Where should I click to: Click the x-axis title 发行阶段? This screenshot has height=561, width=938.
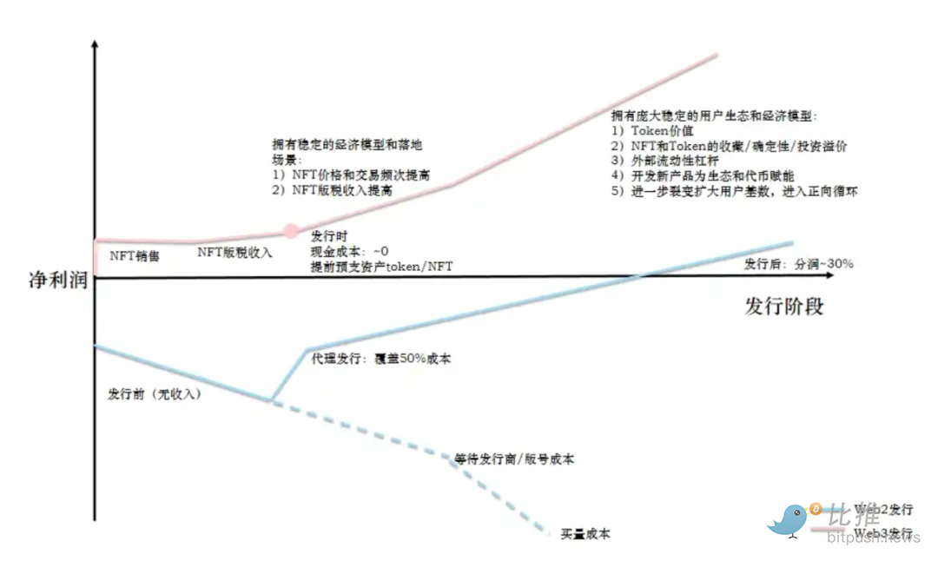point(784,306)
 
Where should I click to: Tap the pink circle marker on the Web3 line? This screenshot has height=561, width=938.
point(292,231)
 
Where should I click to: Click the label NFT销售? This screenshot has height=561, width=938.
point(135,255)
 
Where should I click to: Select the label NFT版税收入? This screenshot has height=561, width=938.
point(234,252)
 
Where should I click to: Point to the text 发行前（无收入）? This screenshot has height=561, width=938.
point(155,393)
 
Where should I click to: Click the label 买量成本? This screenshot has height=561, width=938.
point(585,533)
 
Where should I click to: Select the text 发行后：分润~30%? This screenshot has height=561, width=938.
point(798,263)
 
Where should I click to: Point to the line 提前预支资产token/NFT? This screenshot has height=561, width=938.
point(381,267)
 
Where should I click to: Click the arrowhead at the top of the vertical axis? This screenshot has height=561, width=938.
point(94,43)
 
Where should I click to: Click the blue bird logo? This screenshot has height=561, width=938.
point(789,520)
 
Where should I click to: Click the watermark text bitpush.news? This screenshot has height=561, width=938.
point(873,538)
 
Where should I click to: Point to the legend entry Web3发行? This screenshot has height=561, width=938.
point(882,531)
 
